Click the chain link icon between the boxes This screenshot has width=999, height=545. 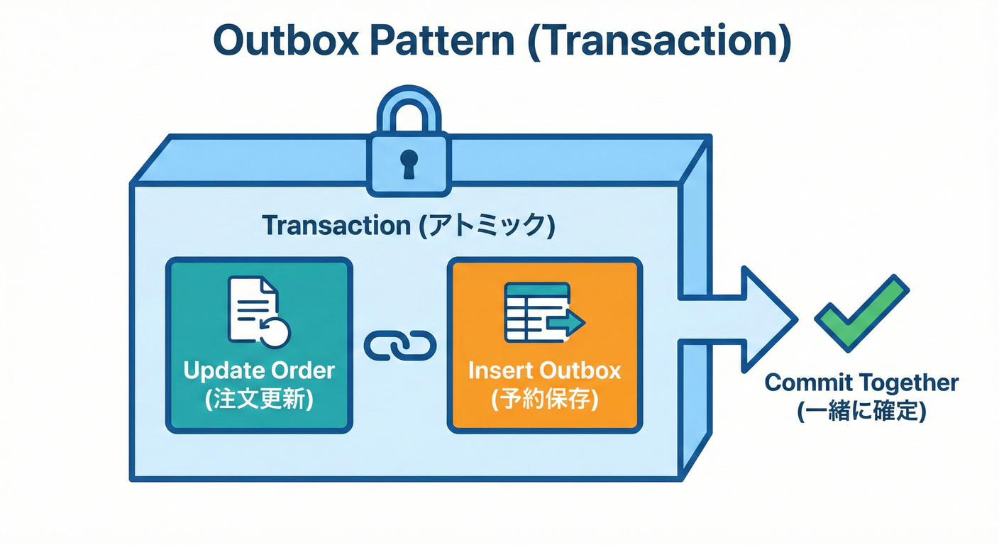400,346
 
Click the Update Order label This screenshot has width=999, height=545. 259,371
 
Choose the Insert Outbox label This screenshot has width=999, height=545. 544,371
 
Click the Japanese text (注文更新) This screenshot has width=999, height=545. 259,400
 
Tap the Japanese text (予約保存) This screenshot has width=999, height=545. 544,400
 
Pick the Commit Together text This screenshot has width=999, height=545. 861,383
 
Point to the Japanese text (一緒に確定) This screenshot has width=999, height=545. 861,412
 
